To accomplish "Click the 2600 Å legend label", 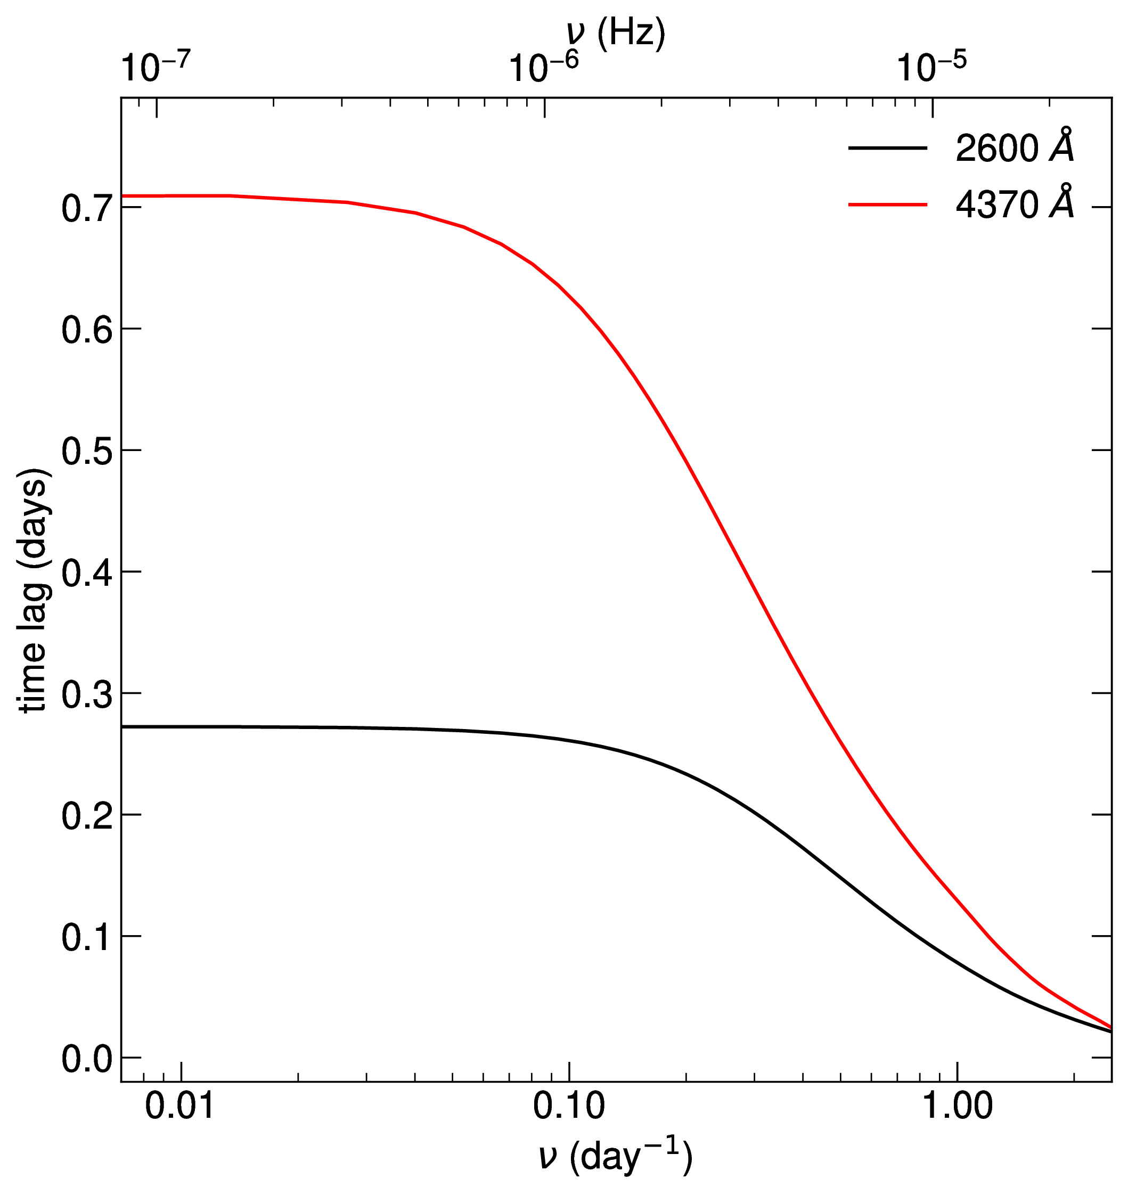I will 1015,148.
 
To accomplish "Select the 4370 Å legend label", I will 1015,204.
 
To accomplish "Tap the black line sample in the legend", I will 887,148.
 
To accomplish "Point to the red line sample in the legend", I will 887,205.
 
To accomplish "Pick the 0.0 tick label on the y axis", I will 87,1060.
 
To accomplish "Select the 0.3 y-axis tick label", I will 87,694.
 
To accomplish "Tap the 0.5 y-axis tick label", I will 87,451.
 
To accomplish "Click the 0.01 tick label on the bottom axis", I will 181,1107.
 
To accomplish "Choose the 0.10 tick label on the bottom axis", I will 569,1107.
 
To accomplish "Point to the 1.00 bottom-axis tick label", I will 957,1107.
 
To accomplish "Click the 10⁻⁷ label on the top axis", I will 156,67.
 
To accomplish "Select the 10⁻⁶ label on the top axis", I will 544,67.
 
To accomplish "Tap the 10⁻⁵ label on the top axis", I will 931,67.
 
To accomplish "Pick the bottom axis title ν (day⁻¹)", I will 616,1157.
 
